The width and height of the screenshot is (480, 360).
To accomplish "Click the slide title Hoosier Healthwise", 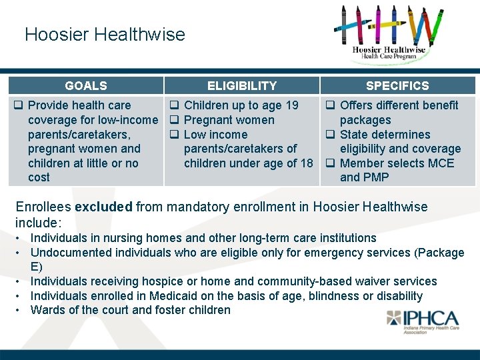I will [x=105, y=35].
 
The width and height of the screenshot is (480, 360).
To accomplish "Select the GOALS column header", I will [x=86, y=85].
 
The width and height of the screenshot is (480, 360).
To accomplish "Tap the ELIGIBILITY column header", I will [x=241, y=85].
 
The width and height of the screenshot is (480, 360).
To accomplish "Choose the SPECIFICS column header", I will [x=397, y=85].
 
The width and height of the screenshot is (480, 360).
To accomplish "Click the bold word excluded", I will [x=103, y=207].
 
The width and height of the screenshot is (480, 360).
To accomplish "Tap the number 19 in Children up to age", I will [x=291, y=105].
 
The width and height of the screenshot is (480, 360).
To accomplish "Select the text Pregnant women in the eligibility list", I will [x=229, y=120].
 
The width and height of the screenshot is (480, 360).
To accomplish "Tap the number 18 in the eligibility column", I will [x=306, y=163].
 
